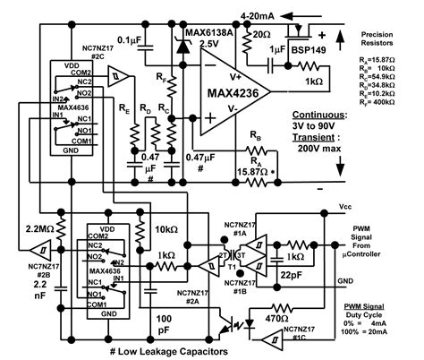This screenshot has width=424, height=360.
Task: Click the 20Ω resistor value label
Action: tap(264, 33)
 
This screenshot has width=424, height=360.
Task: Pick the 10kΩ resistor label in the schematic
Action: tap(166, 229)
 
